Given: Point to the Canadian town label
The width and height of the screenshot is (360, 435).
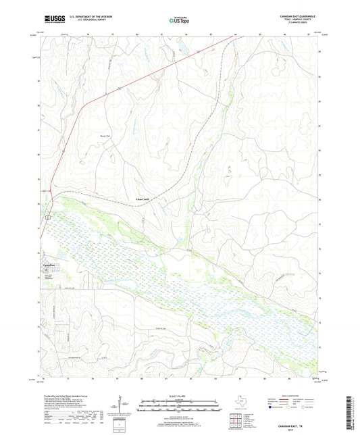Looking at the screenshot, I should pos(43,265).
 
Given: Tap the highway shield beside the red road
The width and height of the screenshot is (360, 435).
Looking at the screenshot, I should pos(47,217).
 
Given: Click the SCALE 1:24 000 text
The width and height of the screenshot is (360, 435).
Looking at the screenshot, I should pos(179,396).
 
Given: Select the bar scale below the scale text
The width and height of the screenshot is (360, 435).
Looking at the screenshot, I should pos(179,408).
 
